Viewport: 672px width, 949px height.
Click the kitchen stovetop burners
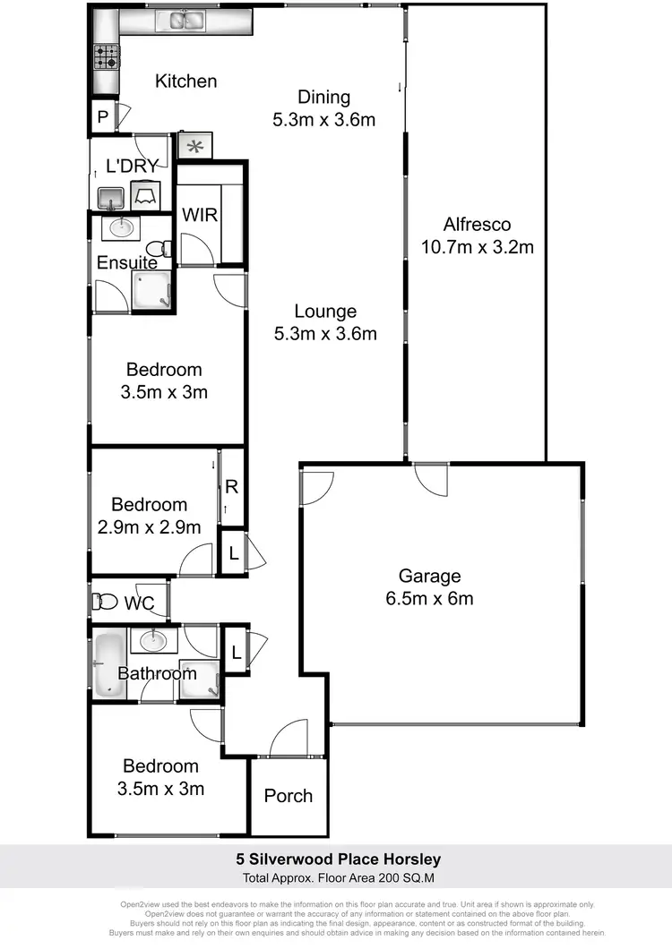point(107,56)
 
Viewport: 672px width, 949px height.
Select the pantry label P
point(103,116)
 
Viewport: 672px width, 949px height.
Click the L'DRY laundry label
point(132,166)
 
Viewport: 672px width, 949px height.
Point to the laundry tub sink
point(110,196)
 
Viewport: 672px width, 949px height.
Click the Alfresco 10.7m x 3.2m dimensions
point(477,246)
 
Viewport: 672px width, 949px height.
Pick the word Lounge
point(326,312)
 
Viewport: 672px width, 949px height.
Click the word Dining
point(323,98)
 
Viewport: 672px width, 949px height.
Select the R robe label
point(231,488)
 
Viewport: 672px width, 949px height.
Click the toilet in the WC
point(106,602)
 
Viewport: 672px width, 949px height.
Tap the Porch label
point(289,796)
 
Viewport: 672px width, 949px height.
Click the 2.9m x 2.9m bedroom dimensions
point(149,527)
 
